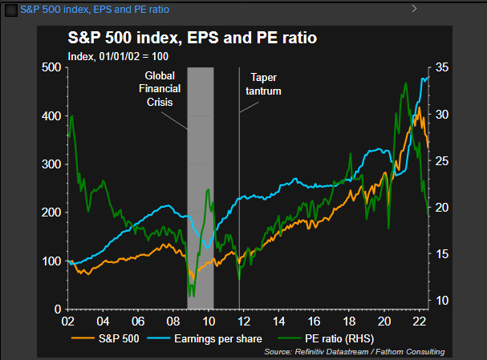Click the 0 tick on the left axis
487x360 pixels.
tap(57, 309)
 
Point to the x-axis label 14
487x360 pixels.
tap(278, 321)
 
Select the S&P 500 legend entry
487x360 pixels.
tap(110, 338)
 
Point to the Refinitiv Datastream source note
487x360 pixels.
tap(354, 352)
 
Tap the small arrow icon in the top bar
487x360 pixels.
tap(414, 8)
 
